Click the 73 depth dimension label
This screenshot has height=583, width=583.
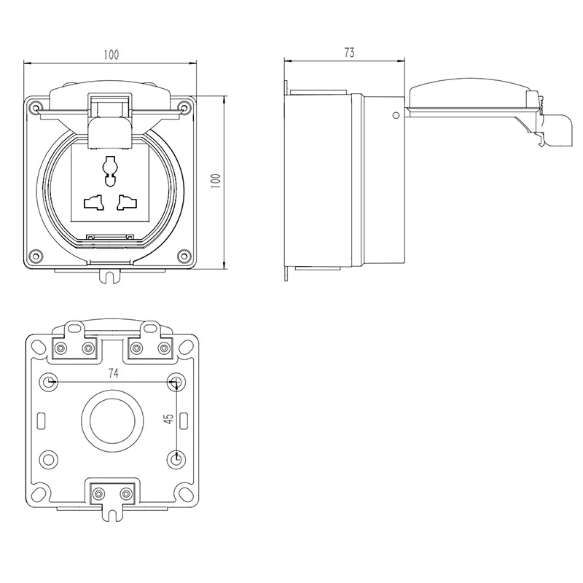pos(349,52)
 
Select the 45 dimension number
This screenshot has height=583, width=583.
pos(168,419)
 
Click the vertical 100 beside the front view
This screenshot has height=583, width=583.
pos(214,180)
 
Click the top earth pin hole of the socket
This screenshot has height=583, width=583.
pos(110,167)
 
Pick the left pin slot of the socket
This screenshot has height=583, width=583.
pos(93,200)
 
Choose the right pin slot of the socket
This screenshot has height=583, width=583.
pos(128,200)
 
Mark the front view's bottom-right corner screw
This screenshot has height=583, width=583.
pos(185,256)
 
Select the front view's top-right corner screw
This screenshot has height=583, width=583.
pos(185,109)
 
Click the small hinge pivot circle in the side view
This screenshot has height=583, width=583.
pos(395,114)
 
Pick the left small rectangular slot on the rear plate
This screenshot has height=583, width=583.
pos(41,420)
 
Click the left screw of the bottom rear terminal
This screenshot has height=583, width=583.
pos(96,494)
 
